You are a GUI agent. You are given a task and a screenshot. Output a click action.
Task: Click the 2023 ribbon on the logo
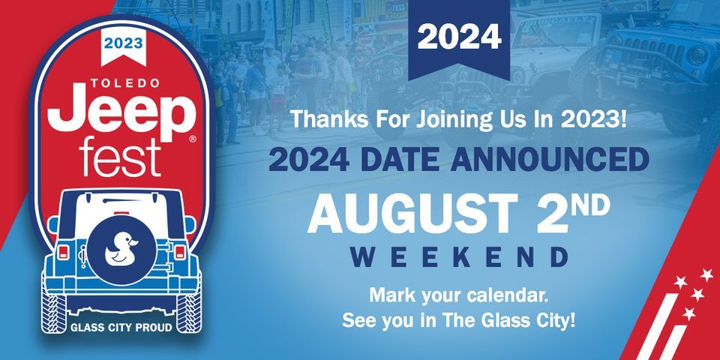click(124, 46)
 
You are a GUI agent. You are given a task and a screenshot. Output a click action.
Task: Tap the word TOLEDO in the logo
click(125, 83)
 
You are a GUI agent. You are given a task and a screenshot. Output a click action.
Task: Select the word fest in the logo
click(120, 156)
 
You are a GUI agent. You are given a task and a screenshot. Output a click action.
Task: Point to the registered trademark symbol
click(193, 139)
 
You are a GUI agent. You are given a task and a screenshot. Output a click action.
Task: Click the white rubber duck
click(121, 249)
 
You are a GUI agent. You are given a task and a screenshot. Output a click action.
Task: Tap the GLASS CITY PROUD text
click(121, 328)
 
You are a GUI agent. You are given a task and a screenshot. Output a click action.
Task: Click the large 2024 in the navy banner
click(459, 37)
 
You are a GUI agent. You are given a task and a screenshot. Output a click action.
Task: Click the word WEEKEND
click(459, 257)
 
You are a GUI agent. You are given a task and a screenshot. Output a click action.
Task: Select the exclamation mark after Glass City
click(571, 320)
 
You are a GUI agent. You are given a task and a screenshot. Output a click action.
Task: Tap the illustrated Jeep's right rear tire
click(189, 312)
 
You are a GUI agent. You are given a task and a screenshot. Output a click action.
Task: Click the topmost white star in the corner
click(706, 275)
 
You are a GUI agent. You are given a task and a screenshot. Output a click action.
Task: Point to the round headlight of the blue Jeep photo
click(698, 55)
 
